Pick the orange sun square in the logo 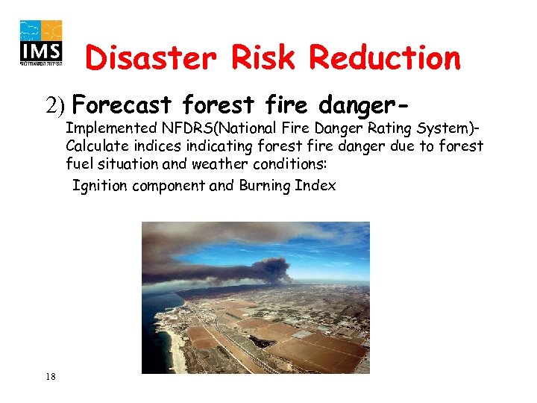coord(52,31)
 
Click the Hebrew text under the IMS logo coord(42,64)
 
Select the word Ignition coord(98,186)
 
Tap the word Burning coord(260,186)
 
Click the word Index coord(318,186)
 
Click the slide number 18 coord(49,376)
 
